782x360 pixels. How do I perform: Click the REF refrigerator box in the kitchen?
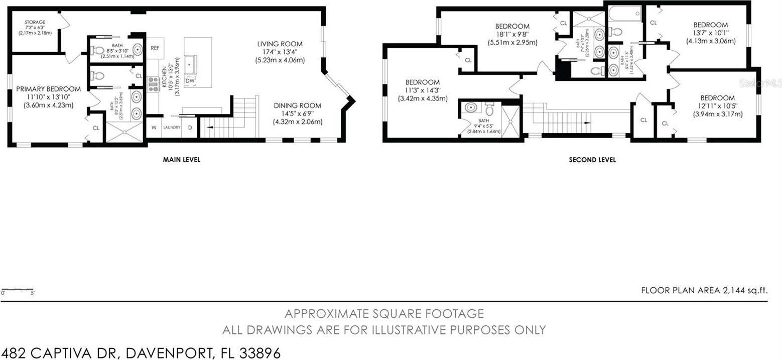(x=155, y=48)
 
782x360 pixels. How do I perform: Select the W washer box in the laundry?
(x=154, y=128)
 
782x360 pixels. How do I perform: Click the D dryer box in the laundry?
(x=190, y=128)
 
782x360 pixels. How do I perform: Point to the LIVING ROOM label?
(x=280, y=44)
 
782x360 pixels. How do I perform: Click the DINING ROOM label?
(x=297, y=105)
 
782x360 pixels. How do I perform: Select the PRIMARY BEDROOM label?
(x=48, y=89)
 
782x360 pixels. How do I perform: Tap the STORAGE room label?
(x=35, y=22)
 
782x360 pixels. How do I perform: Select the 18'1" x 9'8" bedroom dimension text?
(x=512, y=35)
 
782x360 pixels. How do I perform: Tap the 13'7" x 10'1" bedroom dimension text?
(x=710, y=33)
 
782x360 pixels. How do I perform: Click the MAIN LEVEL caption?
(x=181, y=160)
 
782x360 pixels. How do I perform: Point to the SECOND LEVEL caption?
(x=592, y=160)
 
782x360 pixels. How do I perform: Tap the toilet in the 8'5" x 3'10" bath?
(x=99, y=51)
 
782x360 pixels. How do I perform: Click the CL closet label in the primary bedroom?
(x=95, y=128)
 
